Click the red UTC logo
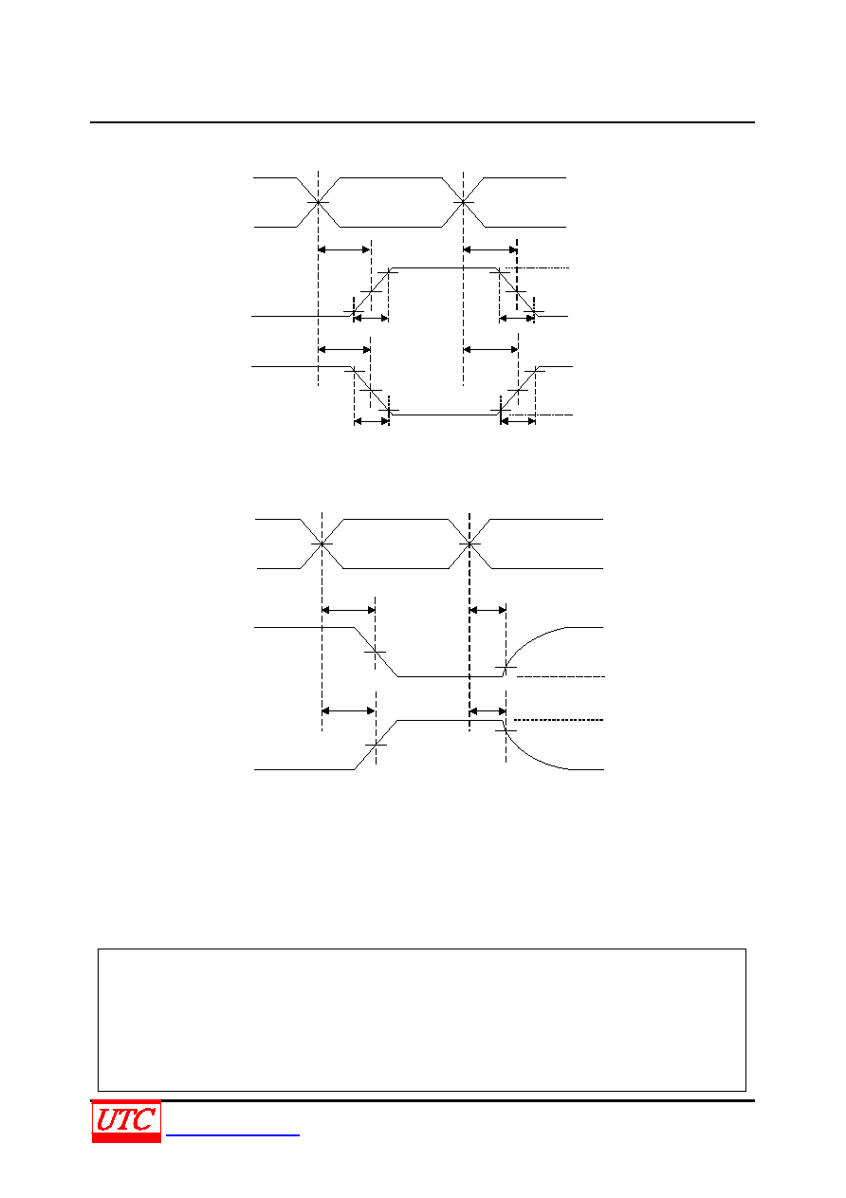pos(126,1121)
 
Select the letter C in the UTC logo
pos(145,1119)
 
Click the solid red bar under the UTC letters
pos(126,1138)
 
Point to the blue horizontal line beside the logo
pos(232,1134)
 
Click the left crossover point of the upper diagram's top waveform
pos(318,202)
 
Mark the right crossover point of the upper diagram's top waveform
pos(463,202)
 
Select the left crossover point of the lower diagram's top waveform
pos(322,544)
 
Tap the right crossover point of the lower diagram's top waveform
pos(469,544)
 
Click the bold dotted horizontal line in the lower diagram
pos(559,720)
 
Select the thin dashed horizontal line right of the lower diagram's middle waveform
pos(561,677)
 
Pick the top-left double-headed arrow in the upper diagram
pos(344,249)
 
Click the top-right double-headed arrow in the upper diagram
pos(489,249)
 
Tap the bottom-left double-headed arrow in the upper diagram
pos(371,421)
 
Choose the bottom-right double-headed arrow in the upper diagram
pos(518,421)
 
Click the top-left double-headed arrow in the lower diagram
pos(349,610)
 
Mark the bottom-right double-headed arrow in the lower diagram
pos(487,711)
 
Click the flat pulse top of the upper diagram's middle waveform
pos(444,267)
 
